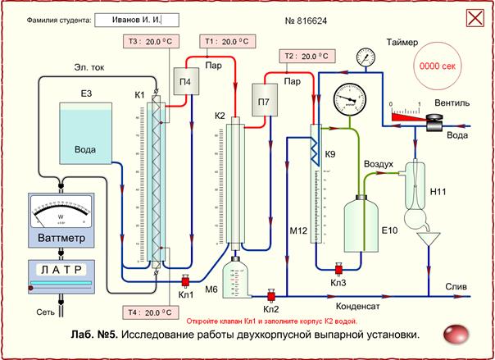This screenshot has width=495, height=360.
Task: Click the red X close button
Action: (473, 18)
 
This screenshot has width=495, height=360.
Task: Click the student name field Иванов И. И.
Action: (136, 18)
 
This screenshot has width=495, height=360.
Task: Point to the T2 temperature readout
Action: (303, 57)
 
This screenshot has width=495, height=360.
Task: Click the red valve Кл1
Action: (185, 280)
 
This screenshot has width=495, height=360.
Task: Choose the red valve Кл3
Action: (336, 268)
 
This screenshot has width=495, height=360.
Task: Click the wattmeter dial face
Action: (61, 216)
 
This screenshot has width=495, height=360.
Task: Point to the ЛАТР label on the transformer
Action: (61, 268)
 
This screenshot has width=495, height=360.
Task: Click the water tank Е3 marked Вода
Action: (84, 133)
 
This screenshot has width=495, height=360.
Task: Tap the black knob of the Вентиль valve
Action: (429, 119)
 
